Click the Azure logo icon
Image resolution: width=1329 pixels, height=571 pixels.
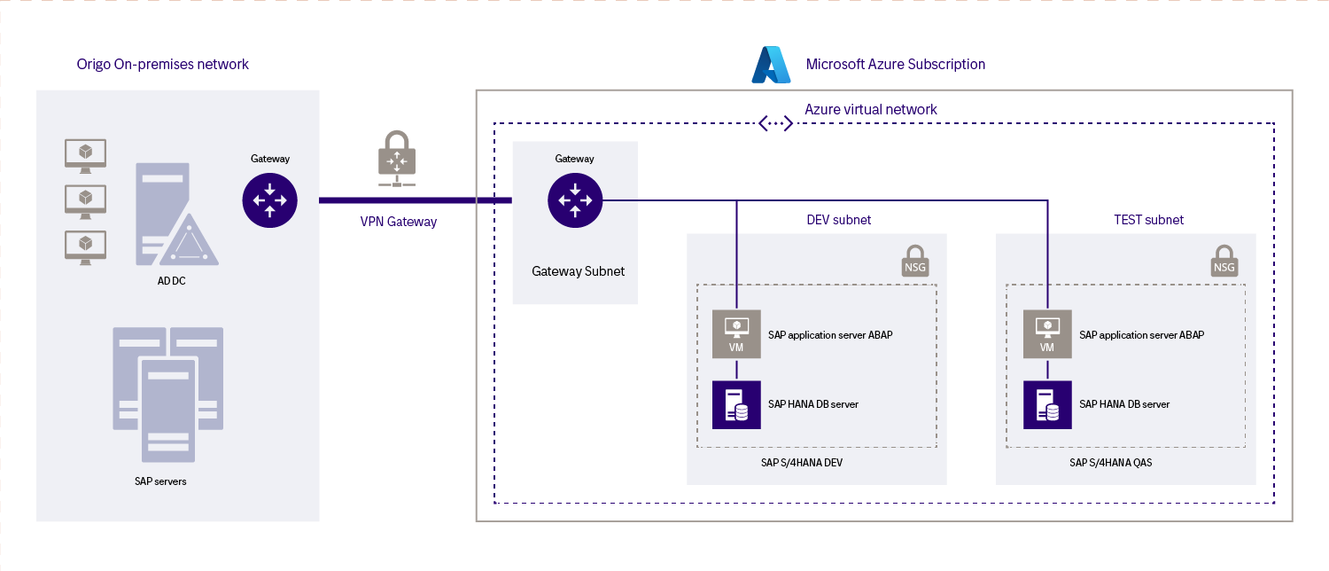771,65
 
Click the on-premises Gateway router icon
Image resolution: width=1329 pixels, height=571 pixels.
269,200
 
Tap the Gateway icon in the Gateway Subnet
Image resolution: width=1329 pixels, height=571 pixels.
575,200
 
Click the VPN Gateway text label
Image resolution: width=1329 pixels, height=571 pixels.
399,222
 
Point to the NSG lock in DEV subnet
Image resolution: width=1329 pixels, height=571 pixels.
915,261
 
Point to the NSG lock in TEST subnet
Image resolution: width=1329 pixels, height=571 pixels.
1224,261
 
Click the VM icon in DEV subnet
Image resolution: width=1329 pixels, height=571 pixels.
736,333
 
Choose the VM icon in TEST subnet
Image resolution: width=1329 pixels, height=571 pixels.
1047,333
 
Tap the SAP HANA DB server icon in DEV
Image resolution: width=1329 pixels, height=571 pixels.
736,404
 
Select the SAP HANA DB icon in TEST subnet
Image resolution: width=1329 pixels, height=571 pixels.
1047,404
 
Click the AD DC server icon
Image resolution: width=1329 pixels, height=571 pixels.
174,215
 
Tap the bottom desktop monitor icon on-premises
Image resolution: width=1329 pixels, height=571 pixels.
86,246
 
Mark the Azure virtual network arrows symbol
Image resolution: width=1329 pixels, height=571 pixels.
776,123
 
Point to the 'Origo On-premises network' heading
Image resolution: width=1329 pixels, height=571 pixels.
163,64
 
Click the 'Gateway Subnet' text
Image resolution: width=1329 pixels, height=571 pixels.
578,271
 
